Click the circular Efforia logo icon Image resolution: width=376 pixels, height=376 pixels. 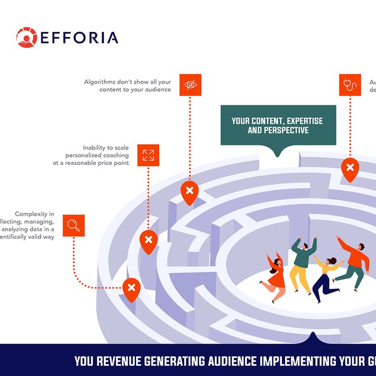coord(26,37)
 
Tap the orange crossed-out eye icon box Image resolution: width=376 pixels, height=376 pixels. coord(190,85)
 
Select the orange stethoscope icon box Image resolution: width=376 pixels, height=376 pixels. coord(350,85)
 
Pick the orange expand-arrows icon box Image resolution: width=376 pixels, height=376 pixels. coord(148,155)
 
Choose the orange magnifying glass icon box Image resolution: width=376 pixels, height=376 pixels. coord(73,226)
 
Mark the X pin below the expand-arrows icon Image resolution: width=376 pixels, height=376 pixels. coord(148,240)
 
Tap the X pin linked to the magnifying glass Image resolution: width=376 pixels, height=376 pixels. coord(131,288)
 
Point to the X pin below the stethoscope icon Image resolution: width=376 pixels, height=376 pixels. coord(350,168)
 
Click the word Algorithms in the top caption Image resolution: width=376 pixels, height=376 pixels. coord(101,82)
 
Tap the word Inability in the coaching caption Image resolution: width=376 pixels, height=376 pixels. coord(95,148)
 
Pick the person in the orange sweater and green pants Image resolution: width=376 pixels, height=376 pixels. coord(352,263)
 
